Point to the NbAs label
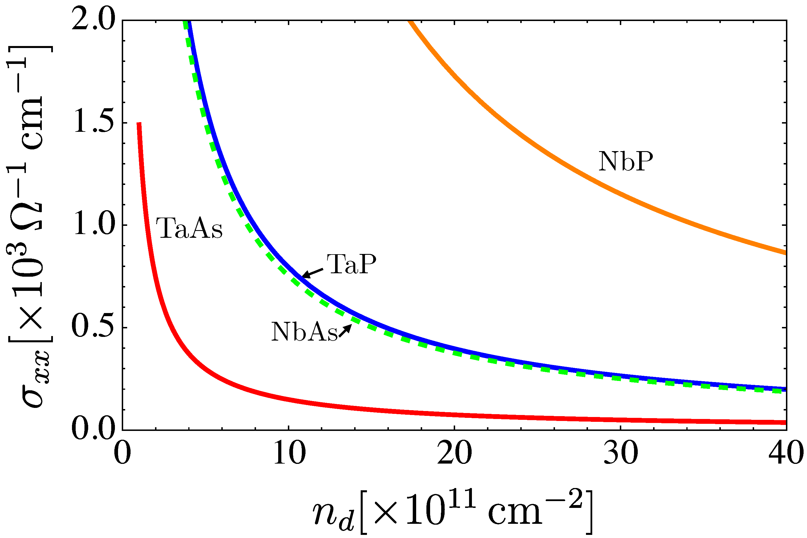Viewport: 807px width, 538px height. [304, 332]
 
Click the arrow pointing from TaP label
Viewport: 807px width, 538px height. [313, 273]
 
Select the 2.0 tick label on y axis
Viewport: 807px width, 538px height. [93, 21]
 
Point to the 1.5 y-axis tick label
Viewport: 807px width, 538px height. [93, 124]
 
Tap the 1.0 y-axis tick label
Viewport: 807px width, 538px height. [93, 226]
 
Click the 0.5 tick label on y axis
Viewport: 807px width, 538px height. [93, 328]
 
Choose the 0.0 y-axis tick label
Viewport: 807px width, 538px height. [93, 429]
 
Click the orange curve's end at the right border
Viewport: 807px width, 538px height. [785, 253]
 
